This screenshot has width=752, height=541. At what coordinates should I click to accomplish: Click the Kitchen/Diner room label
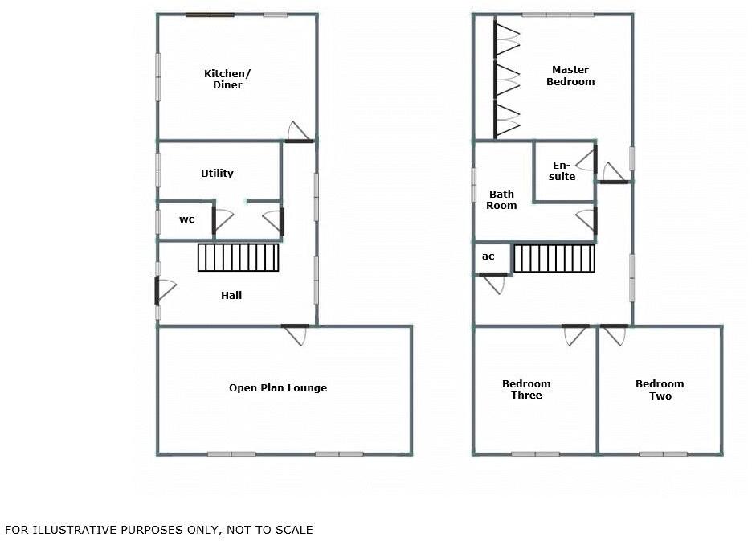click(227, 80)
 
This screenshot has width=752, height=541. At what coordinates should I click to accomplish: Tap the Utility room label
click(217, 173)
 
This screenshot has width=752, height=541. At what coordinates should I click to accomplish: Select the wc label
click(186, 219)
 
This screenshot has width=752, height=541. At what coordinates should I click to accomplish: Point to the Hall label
click(231, 295)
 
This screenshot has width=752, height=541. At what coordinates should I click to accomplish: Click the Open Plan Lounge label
click(278, 387)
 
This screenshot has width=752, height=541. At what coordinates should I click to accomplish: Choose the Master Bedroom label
click(570, 76)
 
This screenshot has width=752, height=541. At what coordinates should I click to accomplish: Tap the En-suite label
click(563, 171)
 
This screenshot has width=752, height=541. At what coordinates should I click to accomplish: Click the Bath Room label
click(502, 199)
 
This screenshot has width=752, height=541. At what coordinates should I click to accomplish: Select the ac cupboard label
click(488, 256)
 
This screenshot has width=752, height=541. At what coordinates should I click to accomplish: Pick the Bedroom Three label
click(526, 389)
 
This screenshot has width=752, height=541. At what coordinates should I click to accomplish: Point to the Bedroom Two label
click(660, 389)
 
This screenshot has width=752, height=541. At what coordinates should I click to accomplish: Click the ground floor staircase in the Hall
click(239, 257)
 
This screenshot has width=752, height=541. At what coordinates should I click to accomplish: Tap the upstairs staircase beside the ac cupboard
click(554, 258)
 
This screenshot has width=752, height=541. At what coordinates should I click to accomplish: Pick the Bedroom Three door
click(575, 334)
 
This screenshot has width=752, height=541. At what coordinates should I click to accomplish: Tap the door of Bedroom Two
click(614, 334)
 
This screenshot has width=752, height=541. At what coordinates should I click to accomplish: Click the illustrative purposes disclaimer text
click(159, 530)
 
